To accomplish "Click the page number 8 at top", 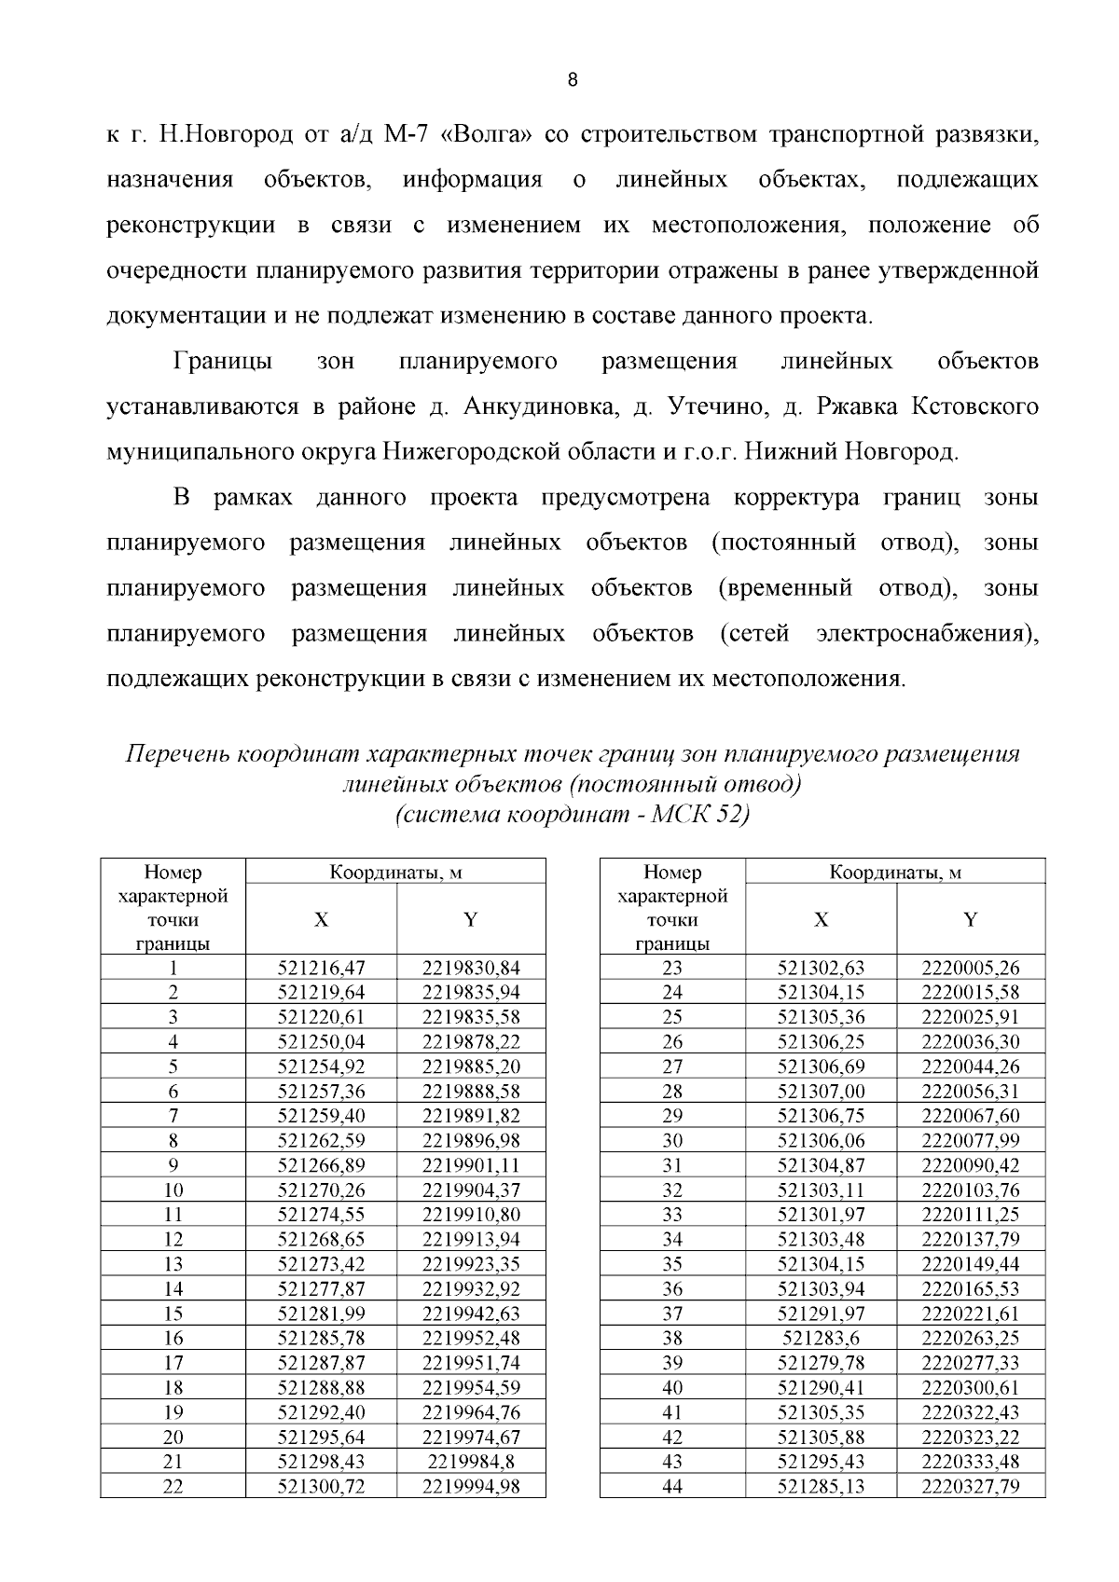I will [x=573, y=80].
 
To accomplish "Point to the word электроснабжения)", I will [x=927, y=634].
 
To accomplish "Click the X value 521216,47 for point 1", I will [x=321, y=968].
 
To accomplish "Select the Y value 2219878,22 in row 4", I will [x=471, y=1041].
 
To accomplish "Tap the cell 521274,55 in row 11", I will [x=321, y=1215].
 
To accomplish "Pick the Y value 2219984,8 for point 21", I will [x=471, y=1462].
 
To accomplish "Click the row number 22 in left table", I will [x=173, y=1487].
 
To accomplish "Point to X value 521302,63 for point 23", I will [x=821, y=968].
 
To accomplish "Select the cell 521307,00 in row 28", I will [x=821, y=1091].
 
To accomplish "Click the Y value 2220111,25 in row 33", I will [x=970, y=1215].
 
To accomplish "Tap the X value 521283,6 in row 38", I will [x=821, y=1338].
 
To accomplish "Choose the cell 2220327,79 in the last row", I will [x=970, y=1487].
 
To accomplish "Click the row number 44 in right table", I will [x=672, y=1487].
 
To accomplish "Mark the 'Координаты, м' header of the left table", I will [x=395, y=873].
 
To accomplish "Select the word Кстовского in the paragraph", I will [x=974, y=407].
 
